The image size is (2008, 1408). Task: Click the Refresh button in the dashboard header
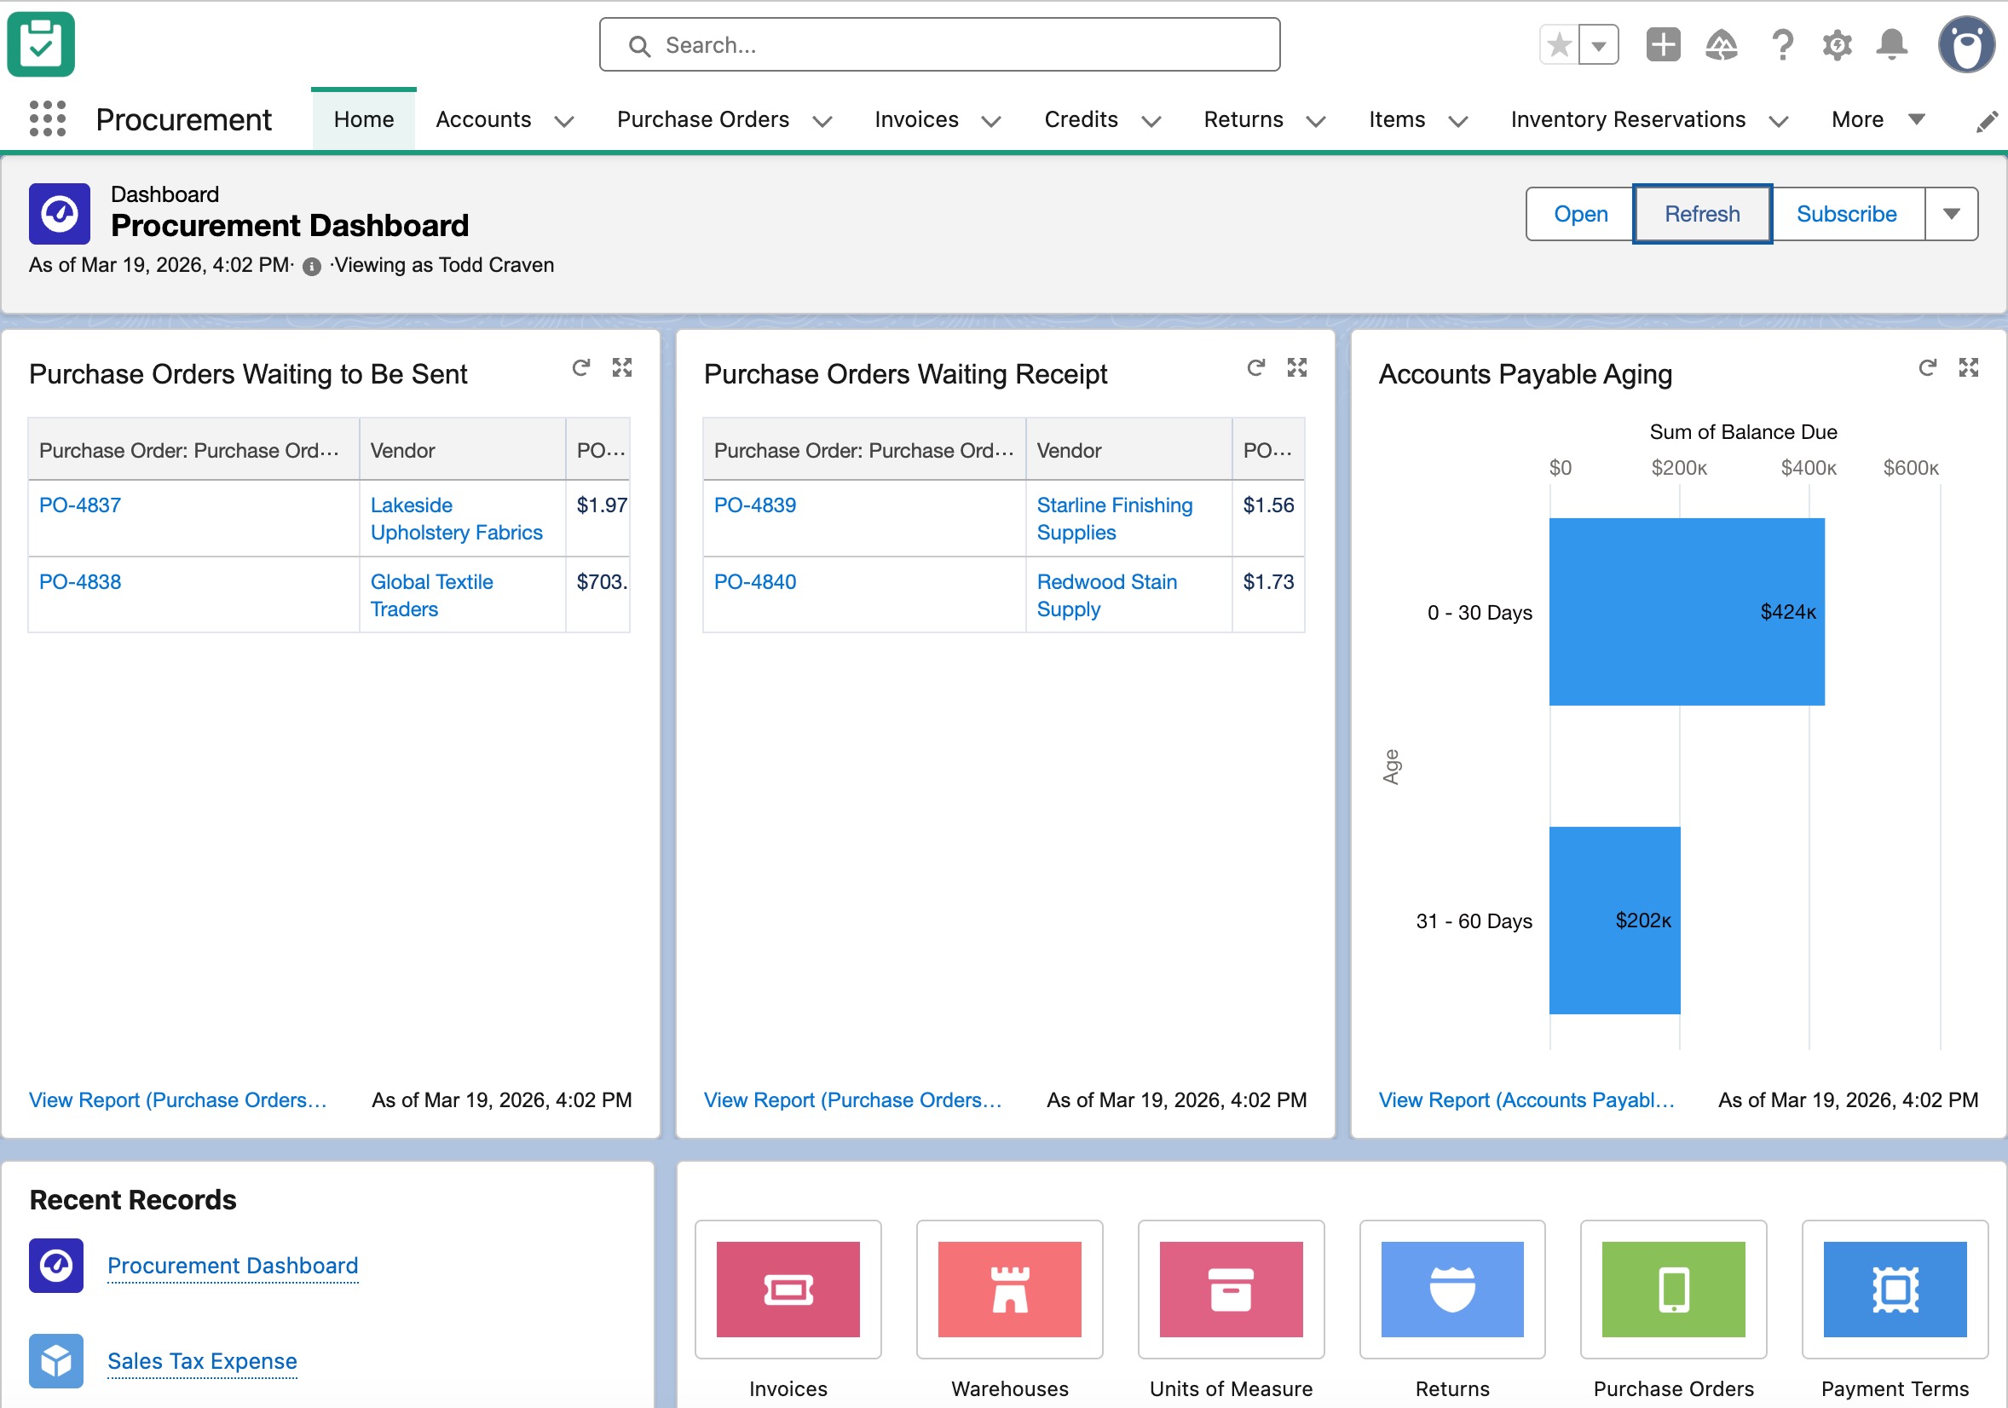click(x=1701, y=213)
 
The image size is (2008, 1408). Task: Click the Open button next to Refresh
click(x=1579, y=213)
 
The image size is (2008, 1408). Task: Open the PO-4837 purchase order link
click(x=79, y=505)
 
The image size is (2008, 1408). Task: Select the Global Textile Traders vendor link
click(x=431, y=595)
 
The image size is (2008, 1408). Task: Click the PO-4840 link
click(x=755, y=581)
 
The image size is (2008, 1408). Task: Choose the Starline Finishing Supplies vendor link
click(x=1113, y=517)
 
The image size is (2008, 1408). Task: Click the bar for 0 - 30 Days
click(x=1685, y=611)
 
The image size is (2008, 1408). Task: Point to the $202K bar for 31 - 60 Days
click(x=1613, y=920)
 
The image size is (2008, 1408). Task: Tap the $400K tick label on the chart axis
click(x=1808, y=468)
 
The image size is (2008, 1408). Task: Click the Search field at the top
click(x=940, y=44)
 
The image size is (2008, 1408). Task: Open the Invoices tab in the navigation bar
click(x=915, y=119)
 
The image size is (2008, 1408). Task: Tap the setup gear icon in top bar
click(x=1837, y=43)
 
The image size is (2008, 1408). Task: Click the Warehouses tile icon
click(x=1009, y=1289)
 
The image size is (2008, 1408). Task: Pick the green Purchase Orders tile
click(x=1672, y=1289)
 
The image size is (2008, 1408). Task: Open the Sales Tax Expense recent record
click(x=202, y=1361)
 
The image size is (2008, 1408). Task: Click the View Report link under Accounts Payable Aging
click(x=1526, y=1099)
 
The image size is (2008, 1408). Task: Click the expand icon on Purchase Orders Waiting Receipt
click(x=1296, y=367)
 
